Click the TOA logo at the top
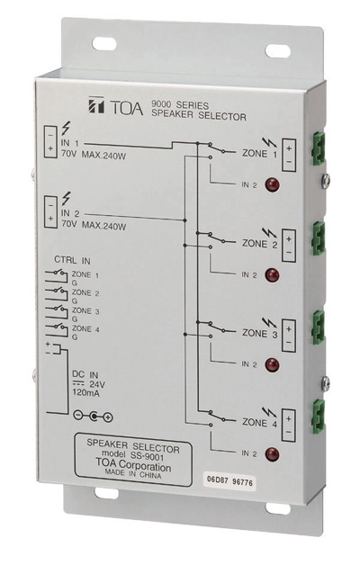pyautogui.click(x=115, y=106)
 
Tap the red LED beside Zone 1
pyautogui.click(x=273, y=184)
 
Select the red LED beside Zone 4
pyautogui.click(x=273, y=454)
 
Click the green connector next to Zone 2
pyautogui.click(x=319, y=238)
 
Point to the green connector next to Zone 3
pyautogui.click(x=319, y=327)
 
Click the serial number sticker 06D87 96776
pyautogui.click(x=229, y=480)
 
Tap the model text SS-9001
pyautogui.click(x=148, y=457)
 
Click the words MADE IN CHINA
pyautogui.click(x=133, y=474)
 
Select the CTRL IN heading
pyautogui.click(x=72, y=260)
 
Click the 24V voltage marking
pyautogui.click(x=97, y=384)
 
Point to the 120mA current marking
pyautogui.click(x=86, y=393)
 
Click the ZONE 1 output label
pyautogui.click(x=260, y=154)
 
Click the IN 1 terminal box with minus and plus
pyautogui.click(x=50, y=141)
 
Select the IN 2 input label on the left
pyautogui.click(x=70, y=213)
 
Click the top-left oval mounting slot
pyautogui.click(x=104, y=44)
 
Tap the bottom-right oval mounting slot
pyautogui.click(x=278, y=508)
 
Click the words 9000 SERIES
pyautogui.click(x=180, y=105)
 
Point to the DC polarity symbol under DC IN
pyautogui.click(x=93, y=417)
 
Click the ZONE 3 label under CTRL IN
pyautogui.click(x=85, y=310)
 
